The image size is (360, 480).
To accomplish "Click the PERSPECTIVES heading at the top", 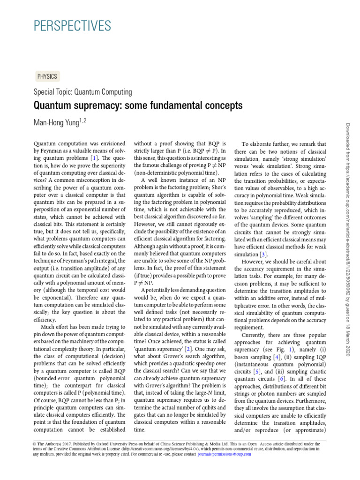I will (72, 25).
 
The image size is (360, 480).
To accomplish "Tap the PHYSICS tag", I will (47, 76).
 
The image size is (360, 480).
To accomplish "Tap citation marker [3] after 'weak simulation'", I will (264, 254).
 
